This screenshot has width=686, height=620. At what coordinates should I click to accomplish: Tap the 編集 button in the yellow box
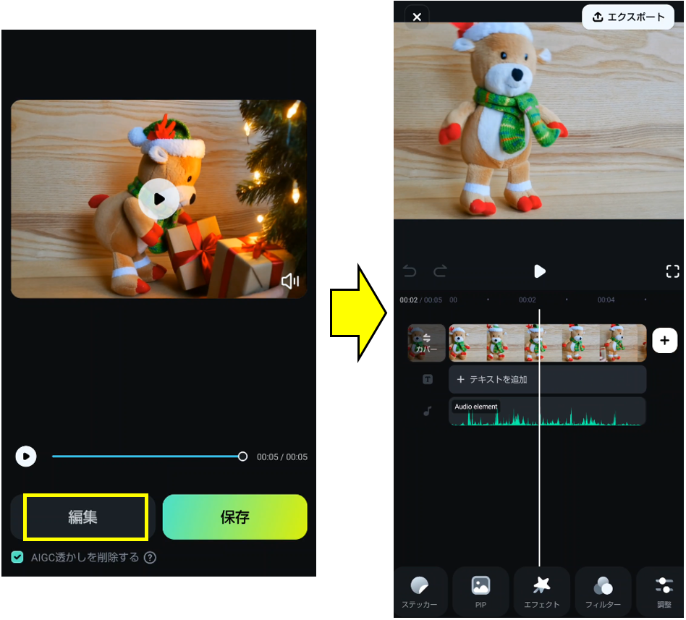pos(83,517)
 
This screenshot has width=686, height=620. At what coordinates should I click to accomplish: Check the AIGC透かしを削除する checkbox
pos(17,557)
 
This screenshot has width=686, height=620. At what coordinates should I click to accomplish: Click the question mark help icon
pos(150,558)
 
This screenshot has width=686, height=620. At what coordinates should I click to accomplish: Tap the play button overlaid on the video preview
pos(158,199)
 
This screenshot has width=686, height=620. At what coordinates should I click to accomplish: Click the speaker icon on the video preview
pos(290,281)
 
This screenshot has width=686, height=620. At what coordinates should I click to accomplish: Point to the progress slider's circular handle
pos(242,456)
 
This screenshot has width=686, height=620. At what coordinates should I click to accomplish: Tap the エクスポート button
pos(628,17)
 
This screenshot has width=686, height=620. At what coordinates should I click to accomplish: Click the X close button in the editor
pos(417,17)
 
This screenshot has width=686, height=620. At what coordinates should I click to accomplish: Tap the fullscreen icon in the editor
pos(672,271)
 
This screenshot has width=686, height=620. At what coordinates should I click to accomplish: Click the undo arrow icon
pos(410,271)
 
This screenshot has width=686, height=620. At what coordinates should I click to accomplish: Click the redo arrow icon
pos(440,271)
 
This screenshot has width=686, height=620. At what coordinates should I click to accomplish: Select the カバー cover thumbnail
pos(426,343)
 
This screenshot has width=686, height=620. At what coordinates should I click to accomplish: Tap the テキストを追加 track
pos(547,379)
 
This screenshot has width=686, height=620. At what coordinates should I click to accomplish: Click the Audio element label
pos(476,407)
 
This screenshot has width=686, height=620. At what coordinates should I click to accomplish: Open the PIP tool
pos(480,592)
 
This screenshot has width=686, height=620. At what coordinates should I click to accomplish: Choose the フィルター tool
pos(603,592)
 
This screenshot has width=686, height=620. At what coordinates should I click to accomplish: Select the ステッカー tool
pos(420,592)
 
